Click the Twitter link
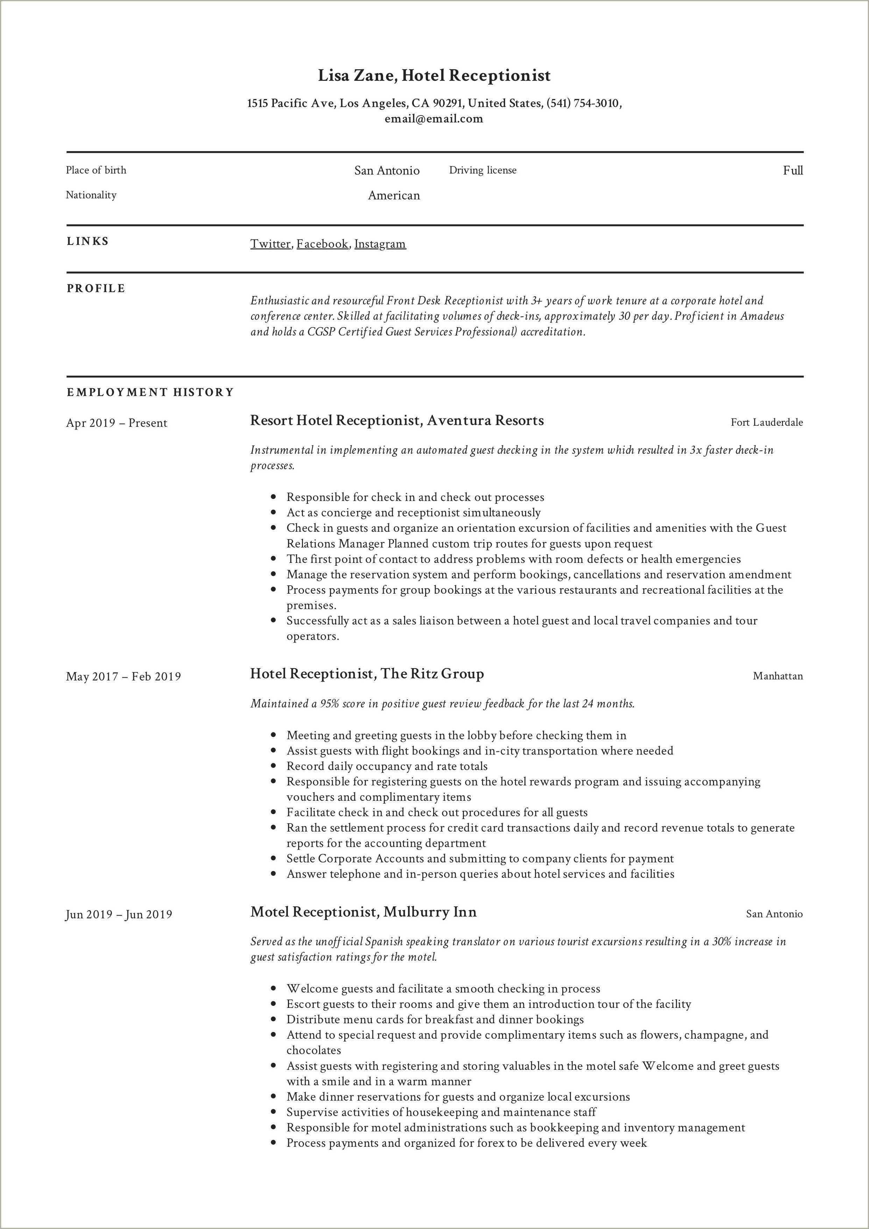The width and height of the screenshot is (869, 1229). tap(270, 244)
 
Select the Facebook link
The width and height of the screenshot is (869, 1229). tap(322, 244)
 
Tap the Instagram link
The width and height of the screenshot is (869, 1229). tap(380, 244)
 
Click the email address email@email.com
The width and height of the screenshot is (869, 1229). tap(434, 119)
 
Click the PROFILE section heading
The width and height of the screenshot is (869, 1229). tap(96, 289)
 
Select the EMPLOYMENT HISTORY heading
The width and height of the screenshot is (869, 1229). tap(150, 393)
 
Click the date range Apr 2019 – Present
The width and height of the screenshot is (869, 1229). tap(117, 423)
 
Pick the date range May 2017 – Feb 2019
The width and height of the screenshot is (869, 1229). tap(123, 677)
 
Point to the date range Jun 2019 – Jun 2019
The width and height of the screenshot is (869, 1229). tap(119, 914)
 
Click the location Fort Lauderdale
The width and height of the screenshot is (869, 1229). tap(767, 422)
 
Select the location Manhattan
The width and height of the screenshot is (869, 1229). tap(777, 676)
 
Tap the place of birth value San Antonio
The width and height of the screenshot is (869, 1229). tap(387, 171)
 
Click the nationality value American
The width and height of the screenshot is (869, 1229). tap(394, 195)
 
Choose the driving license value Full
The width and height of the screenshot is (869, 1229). tap(792, 171)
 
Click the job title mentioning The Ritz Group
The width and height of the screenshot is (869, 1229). tap(367, 674)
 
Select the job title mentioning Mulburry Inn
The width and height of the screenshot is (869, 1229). tap(363, 912)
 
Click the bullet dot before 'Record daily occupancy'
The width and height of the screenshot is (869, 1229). tap(274, 767)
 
